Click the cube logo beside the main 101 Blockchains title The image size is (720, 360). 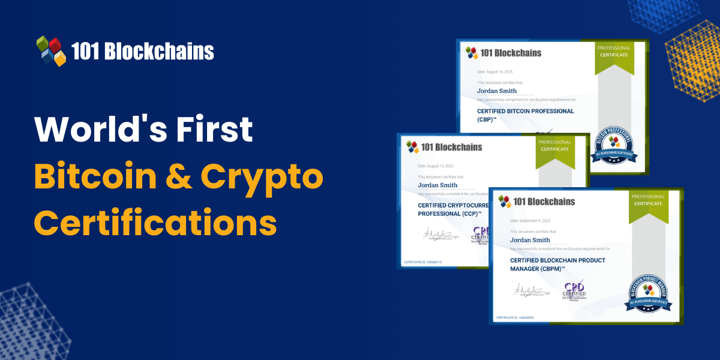[51, 50]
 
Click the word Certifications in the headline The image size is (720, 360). [155, 223]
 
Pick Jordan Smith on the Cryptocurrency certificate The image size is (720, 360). [437, 185]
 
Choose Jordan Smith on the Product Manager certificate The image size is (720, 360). [530, 240]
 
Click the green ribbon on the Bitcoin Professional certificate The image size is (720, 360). [614, 58]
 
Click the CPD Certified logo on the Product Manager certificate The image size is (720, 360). [574, 291]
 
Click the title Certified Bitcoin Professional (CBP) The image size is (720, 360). [517, 115]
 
